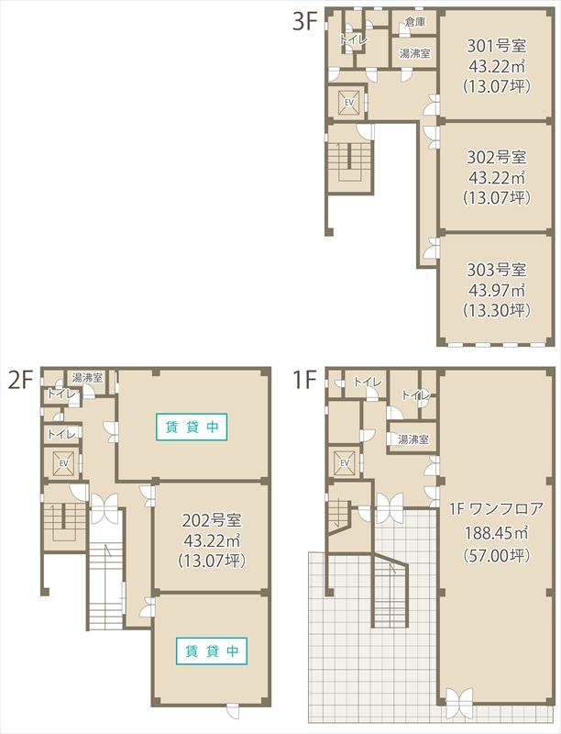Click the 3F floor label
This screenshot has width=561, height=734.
[305, 21]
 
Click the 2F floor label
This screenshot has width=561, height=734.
[21, 380]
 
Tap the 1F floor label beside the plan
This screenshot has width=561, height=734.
[304, 380]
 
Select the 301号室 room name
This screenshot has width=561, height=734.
[497, 46]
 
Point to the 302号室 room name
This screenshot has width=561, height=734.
[497, 157]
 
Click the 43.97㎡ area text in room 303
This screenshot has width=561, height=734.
[497, 290]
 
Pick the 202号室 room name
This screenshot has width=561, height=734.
[212, 520]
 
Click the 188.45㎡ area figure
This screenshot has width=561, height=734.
[497, 533]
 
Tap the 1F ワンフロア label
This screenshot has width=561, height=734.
[497, 509]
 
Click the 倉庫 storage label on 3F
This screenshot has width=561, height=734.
[414, 21]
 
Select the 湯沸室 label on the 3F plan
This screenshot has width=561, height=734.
[414, 53]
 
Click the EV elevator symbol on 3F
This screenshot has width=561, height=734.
[348, 102]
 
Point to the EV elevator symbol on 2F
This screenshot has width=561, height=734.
[63, 463]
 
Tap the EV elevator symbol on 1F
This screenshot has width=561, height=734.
[345, 462]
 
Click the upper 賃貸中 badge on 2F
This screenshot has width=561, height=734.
[192, 427]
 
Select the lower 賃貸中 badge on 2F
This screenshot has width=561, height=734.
[212, 651]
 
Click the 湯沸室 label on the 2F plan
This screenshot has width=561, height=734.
[87, 377]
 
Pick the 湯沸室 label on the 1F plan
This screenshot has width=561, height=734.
[413, 439]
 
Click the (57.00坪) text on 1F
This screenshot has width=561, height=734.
[497, 556]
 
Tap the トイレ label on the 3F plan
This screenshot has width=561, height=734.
[354, 39]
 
